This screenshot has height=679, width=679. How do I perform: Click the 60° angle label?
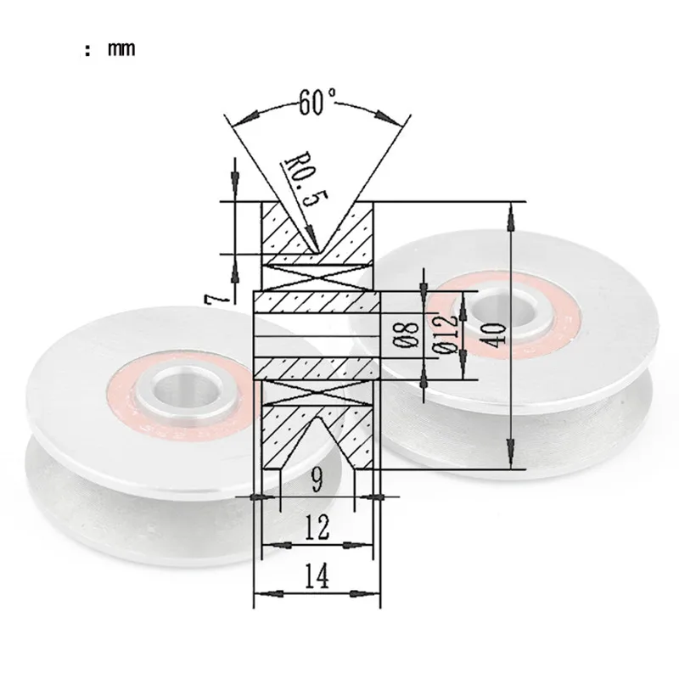pos(317,102)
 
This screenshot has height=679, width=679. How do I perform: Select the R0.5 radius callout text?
pos(306,179)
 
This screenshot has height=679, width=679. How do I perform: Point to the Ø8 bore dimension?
pos(406,335)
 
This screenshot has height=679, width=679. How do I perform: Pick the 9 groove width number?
pos(317,480)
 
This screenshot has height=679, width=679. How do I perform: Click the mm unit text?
pos(121,48)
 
